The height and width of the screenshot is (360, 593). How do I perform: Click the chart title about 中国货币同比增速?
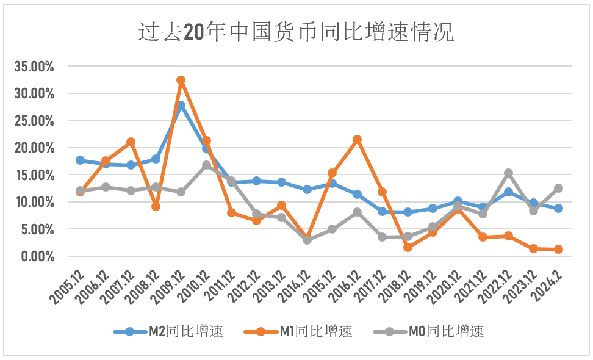tap(296, 32)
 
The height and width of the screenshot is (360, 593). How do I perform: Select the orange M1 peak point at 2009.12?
tap(181, 81)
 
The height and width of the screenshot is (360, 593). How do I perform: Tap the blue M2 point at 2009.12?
tap(181, 106)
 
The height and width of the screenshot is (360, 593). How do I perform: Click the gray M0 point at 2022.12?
tap(508, 173)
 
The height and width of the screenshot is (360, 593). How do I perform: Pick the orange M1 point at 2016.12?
tap(358, 140)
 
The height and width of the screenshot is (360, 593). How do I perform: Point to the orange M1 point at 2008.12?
tap(156, 206)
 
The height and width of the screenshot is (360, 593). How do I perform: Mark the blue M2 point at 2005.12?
tap(81, 160)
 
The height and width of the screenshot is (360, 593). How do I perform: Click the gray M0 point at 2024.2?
tap(558, 189)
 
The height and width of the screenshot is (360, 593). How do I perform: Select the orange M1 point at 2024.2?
tap(558, 249)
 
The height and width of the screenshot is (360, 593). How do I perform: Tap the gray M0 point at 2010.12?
tap(206, 165)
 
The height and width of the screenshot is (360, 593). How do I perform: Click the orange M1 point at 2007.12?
tap(131, 142)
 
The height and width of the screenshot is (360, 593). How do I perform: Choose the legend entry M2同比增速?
tap(168, 332)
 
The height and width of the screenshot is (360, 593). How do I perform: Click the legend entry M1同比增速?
tap(298, 332)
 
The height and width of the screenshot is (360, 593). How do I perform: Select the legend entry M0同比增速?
tap(429, 332)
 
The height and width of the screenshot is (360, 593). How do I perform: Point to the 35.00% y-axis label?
tap(34, 67)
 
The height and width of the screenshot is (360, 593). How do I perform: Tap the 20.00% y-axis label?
tap(34, 148)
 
